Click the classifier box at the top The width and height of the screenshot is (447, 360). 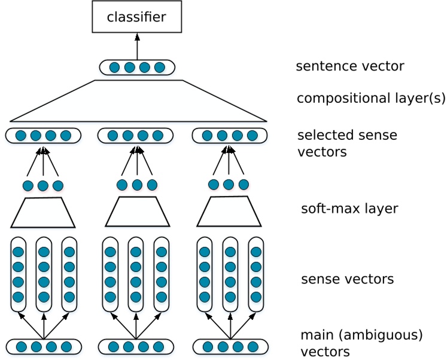pyautogui.click(x=136, y=17)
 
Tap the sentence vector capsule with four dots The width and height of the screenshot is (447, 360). pyautogui.click(x=137, y=68)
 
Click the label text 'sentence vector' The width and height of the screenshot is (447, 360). pyautogui.click(x=349, y=66)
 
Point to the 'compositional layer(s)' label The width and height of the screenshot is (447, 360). pyautogui.click(x=371, y=98)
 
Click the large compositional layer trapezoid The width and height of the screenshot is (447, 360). pyautogui.click(x=138, y=102)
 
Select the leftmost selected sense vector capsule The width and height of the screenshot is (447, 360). pyautogui.click(x=43, y=136)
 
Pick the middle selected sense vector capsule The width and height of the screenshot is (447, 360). pyautogui.click(x=135, y=136)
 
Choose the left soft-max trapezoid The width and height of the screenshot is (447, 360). pyautogui.click(x=43, y=213)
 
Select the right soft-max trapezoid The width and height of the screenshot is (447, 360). pyautogui.click(x=229, y=213)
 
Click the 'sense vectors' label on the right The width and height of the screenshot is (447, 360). pyautogui.click(x=347, y=279)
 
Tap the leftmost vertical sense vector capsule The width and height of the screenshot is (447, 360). pyautogui.click(x=19, y=274)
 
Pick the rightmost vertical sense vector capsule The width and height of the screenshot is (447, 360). pyautogui.click(x=256, y=274)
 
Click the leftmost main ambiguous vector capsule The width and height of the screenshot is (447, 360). pyautogui.click(x=43, y=346)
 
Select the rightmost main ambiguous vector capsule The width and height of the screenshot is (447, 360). pyautogui.click(x=230, y=346)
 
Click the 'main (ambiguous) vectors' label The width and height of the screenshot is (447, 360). pyautogui.click(x=361, y=343)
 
